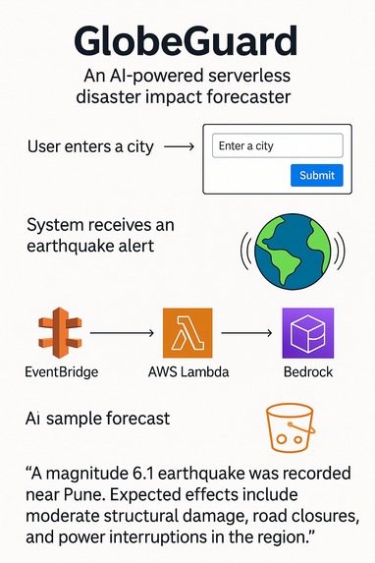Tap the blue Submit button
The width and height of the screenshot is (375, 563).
pyautogui.click(x=317, y=175)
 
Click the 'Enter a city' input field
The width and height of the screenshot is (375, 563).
pyautogui.click(x=277, y=145)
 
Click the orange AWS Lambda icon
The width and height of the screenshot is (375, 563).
pyautogui.click(x=187, y=334)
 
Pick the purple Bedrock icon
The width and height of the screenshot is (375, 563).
pyautogui.click(x=307, y=334)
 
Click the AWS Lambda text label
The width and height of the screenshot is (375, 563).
pyautogui.click(x=187, y=373)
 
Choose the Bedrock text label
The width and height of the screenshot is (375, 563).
pyautogui.click(x=307, y=373)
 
